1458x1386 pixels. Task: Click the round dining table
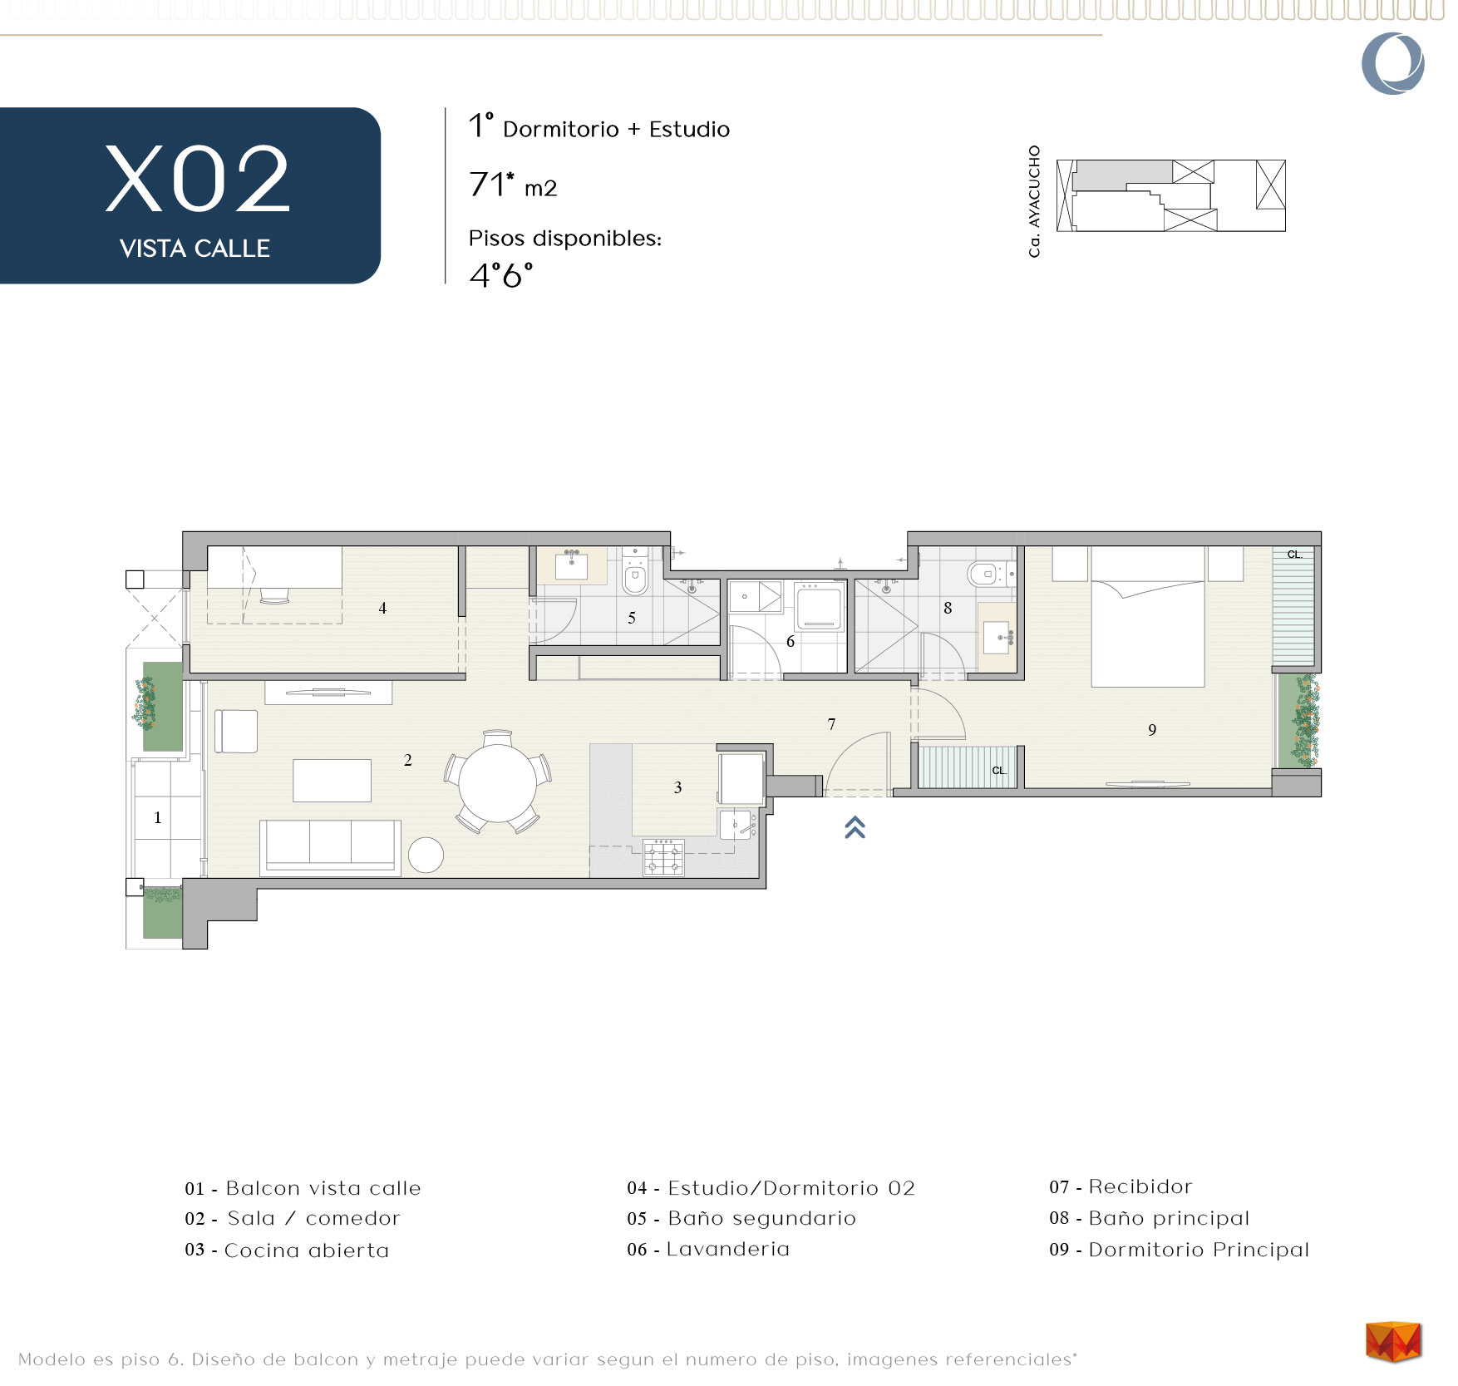pos(498,782)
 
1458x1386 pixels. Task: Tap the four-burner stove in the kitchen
pos(663,857)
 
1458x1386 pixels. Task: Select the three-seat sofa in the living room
pos(330,847)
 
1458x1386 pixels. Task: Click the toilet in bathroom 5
pos(635,573)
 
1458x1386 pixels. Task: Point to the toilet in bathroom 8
pos(989,573)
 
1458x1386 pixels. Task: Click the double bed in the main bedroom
pos(1147,616)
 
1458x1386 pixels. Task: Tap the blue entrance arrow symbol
pos(855,827)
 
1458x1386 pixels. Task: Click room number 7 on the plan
pos(831,724)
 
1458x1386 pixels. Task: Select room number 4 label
pos(382,608)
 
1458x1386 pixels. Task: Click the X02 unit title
pos(198,179)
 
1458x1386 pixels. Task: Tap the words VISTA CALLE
pos(195,249)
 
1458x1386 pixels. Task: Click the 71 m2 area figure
pos(512,185)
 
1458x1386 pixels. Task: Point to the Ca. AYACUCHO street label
pos(1035,201)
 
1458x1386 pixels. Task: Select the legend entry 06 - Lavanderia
pos(708,1249)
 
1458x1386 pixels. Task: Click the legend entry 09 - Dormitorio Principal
pos(1179,1250)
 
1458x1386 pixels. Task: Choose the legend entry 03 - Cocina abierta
pos(287,1250)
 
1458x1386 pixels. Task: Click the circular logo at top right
pos(1393,63)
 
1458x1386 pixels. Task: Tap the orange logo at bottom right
pos(1393,1342)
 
